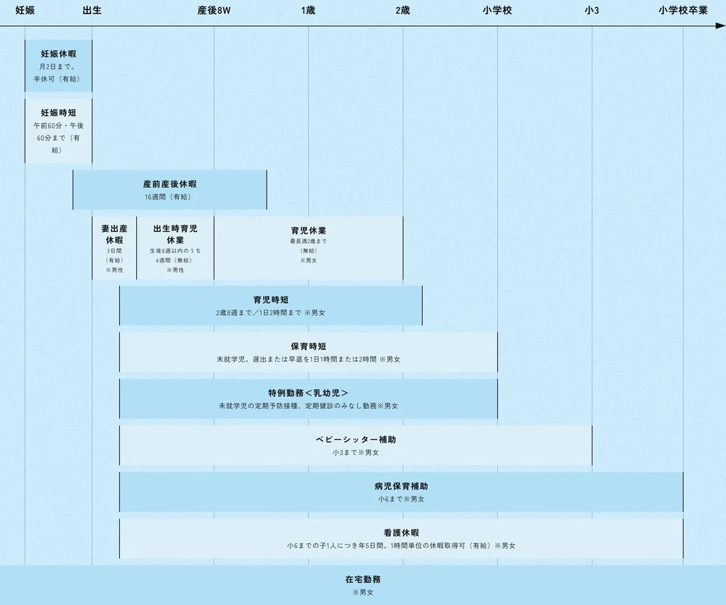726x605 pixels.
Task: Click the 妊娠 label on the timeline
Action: [x=25, y=10]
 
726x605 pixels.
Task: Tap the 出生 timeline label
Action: [x=92, y=10]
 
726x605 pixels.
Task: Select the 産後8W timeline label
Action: [x=214, y=10]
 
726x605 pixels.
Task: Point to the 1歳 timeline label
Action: [x=308, y=10]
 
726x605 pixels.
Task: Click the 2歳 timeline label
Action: [x=403, y=10]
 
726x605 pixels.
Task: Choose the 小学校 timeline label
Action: [x=497, y=10]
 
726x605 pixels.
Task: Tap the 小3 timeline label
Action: [x=592, y=10]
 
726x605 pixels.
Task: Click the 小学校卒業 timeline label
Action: [x=683, y=10]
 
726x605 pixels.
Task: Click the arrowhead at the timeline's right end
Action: [x=721, y=27]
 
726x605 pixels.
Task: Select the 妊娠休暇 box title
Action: [x=58, y=53]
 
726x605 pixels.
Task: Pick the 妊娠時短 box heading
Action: [x=58, y=112]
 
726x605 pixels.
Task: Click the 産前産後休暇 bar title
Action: [x=169, y=184]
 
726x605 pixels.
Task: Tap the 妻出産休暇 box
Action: [x=114, y=234]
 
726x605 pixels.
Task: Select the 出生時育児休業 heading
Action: [x=175, y=234]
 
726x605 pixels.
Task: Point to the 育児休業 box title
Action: [x=308, y=230]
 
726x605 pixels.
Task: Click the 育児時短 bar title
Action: [x=271, y=299]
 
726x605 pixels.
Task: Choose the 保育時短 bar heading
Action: [x=308, y=346]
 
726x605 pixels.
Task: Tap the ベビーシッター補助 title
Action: [x=355, y=439]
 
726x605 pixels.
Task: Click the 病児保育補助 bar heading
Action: [x=401, y=486]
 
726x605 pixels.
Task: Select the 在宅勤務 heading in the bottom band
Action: [x=363, y=579]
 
